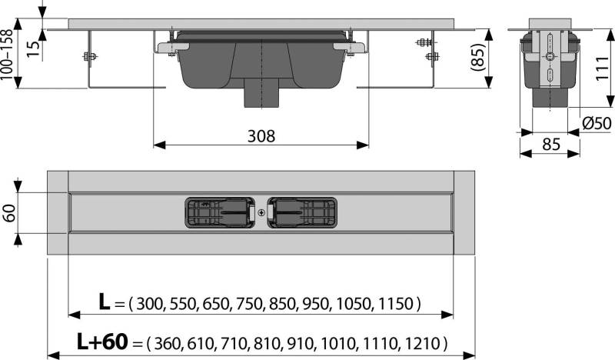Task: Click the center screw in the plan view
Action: pos(261,213)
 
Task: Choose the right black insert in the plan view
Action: pos(303,213)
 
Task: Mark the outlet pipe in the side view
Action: pos(550,98)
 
